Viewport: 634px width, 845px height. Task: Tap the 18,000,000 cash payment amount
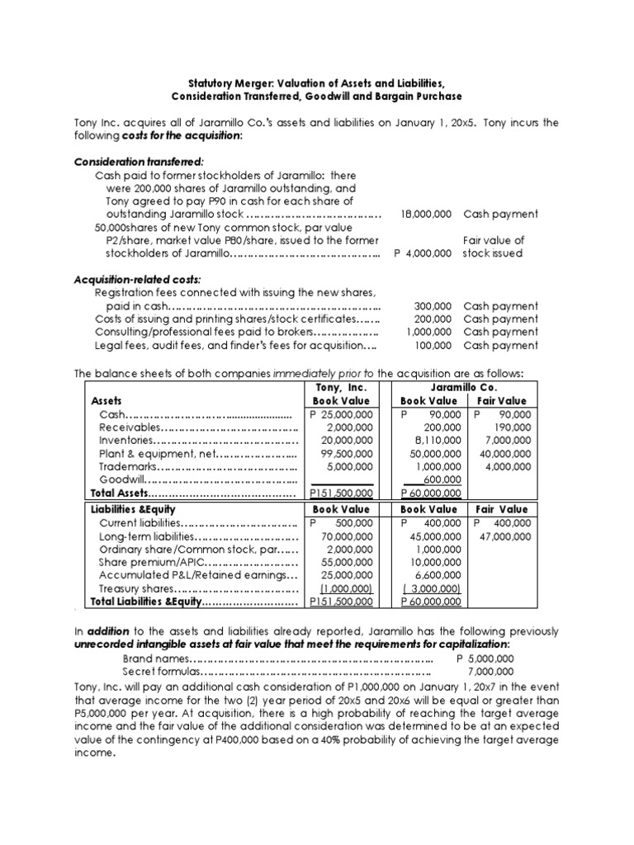tap(425, 214)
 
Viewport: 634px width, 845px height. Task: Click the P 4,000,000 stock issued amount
tap(422, 253)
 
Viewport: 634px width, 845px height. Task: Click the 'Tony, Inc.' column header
tap(340, 387)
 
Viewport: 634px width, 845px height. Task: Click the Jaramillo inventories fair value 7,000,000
tap(505, 440)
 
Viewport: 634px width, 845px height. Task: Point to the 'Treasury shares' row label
tap(137, 589)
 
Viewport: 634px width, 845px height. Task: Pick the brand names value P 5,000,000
tap(485, 659)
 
